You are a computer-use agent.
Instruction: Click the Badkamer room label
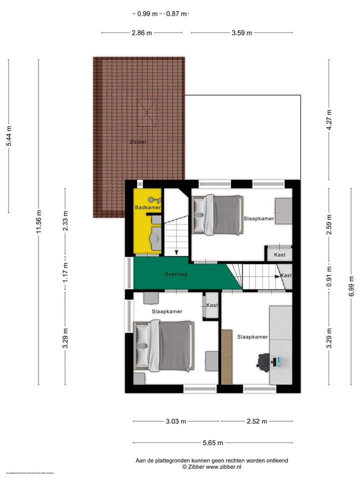click(147, 207)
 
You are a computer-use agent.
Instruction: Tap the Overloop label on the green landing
click(176, 274)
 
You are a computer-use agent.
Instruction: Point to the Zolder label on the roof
click(138, 142)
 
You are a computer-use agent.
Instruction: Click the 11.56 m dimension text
click(38, 222)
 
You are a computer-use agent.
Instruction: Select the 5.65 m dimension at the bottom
click(212, 442)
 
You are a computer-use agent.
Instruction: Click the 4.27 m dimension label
click(329, 120)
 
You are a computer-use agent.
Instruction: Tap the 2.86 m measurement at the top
click(141, 33)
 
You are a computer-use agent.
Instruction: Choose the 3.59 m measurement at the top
click(242, 33)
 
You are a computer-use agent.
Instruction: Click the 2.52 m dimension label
click(256, 421)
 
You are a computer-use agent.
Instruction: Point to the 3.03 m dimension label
click(176, 421)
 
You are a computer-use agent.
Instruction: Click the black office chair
click(263, 360)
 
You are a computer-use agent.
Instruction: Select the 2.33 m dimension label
click(65, 220)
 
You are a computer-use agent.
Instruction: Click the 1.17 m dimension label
click(65, 272)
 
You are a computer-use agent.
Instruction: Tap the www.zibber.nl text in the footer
click(223, 466)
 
